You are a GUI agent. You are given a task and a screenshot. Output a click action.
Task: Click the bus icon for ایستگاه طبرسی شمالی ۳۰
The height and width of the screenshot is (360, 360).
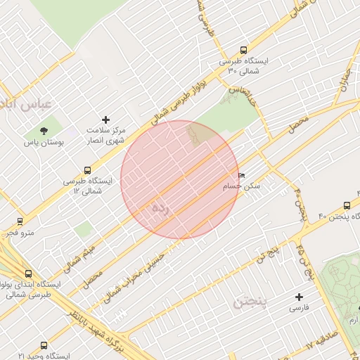tap(243, 51)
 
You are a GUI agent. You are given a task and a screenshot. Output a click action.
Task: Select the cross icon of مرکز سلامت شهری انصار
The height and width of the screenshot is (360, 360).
tap(106, 120)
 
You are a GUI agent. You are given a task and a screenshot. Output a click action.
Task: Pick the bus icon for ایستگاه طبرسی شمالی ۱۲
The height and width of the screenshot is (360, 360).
tap(87, 170)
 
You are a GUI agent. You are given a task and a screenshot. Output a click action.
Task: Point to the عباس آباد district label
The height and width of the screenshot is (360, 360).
tap(26, 105)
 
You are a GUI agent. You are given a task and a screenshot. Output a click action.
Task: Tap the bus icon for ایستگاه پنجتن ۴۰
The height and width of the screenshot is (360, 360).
tap(347, 205)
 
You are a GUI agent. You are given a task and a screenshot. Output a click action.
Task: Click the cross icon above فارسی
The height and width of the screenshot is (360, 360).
tap(300, 297)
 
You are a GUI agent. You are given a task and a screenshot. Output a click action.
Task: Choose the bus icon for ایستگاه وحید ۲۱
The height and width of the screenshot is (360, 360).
tap(44, 346)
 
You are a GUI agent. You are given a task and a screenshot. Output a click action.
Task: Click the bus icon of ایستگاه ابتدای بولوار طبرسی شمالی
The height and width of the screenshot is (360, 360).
tap(28, 274)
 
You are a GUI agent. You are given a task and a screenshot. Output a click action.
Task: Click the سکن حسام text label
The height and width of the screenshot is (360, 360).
tap(241, 186)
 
